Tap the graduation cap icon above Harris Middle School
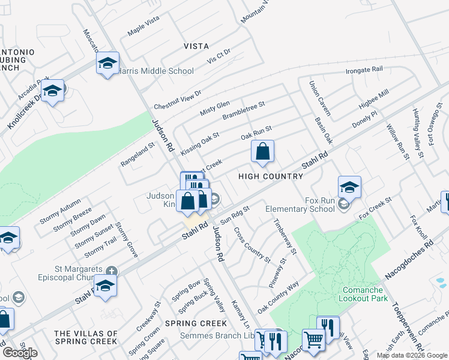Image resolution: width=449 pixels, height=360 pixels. pyautogui.click(x=107, y=63)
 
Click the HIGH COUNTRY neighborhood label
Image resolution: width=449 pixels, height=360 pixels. pyautogui.click(x=271, y=176)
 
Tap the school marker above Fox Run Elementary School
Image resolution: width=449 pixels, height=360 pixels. pyautogui.click(x=349, y=187)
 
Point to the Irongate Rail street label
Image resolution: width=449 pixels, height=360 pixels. pyautogui.click(x=364, y=70)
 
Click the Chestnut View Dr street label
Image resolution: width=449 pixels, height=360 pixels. pyautogui.click(x=177, y=98)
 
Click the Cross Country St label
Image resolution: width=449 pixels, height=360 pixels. pyautogui.click(x=252, y=244)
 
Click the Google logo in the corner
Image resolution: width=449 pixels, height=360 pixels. pyautogui.click(x=20, y=353)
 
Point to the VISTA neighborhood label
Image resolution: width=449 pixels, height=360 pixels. pyautogui.click(x=196, y=46)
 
